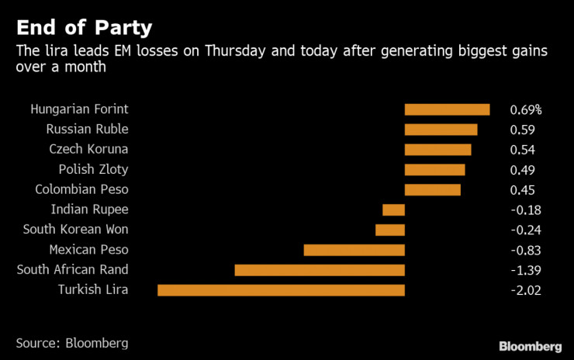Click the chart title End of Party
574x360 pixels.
tap(84, 28)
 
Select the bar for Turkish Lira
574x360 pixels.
tap(281, 290)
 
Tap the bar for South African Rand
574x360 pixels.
tap(320, 270)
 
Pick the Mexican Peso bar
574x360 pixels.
tap(354, 250)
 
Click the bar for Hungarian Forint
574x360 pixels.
tap(447, 109)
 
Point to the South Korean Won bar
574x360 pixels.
tap(390, 230)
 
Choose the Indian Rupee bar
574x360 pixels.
tap(393, 209)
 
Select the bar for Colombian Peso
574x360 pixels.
tap(432, 189)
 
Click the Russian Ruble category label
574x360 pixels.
tap(87, 129)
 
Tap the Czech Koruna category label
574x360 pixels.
tap(87, 149)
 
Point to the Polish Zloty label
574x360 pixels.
tap(93, 169)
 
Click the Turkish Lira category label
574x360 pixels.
tap(93, 290)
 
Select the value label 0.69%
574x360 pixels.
tap(525, 109)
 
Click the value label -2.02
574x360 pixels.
tap(525, 290)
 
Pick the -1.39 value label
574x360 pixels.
tap(525, 270)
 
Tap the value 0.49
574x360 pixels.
tap(522, 169)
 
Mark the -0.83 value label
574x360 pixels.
tap(525, 250)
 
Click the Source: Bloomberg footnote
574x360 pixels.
tap(72, 342)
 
